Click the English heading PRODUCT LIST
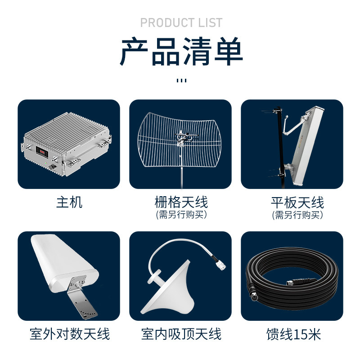coord(181,23)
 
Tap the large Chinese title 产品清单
coord(181,51)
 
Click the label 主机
coord(69,202)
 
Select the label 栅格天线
coord(181,202)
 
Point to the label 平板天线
coord(297,202)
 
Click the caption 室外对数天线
coord(70,334)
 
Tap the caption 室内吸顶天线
coord(181,334)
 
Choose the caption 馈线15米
coord(294,334)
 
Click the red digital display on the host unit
coord(42,152)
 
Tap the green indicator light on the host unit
coord(46,163)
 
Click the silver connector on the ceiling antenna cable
coord(221,266)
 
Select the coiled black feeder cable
coord(292,278)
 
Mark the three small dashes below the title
coord(181,81)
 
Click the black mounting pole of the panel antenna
coord(281,147)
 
